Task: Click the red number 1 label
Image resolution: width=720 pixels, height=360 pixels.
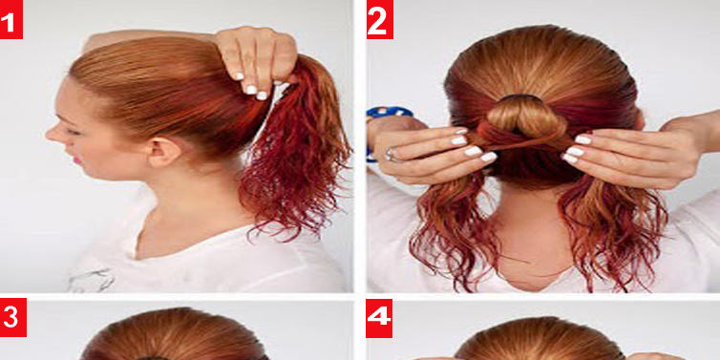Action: click(x=11, y=20)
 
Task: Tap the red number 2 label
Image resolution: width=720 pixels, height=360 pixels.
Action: click(x=379, y=19)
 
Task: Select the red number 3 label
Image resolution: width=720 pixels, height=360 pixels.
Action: click(x=12, y=317)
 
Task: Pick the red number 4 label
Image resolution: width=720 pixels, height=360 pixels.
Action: click(x=379, y=318)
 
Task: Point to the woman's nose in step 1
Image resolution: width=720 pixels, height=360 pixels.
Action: click(x=53, y=132)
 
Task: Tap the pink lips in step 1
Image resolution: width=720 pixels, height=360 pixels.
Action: click(x=75, y=160)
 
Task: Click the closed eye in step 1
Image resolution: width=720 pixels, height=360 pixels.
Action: click(x=74, y=132)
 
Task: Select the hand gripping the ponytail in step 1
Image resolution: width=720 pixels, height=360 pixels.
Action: click(x=257, y=59)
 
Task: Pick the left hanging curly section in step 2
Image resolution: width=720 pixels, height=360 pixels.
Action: click(x=455, y=229)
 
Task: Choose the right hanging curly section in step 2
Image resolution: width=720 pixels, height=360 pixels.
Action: click(x=611, y=229)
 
